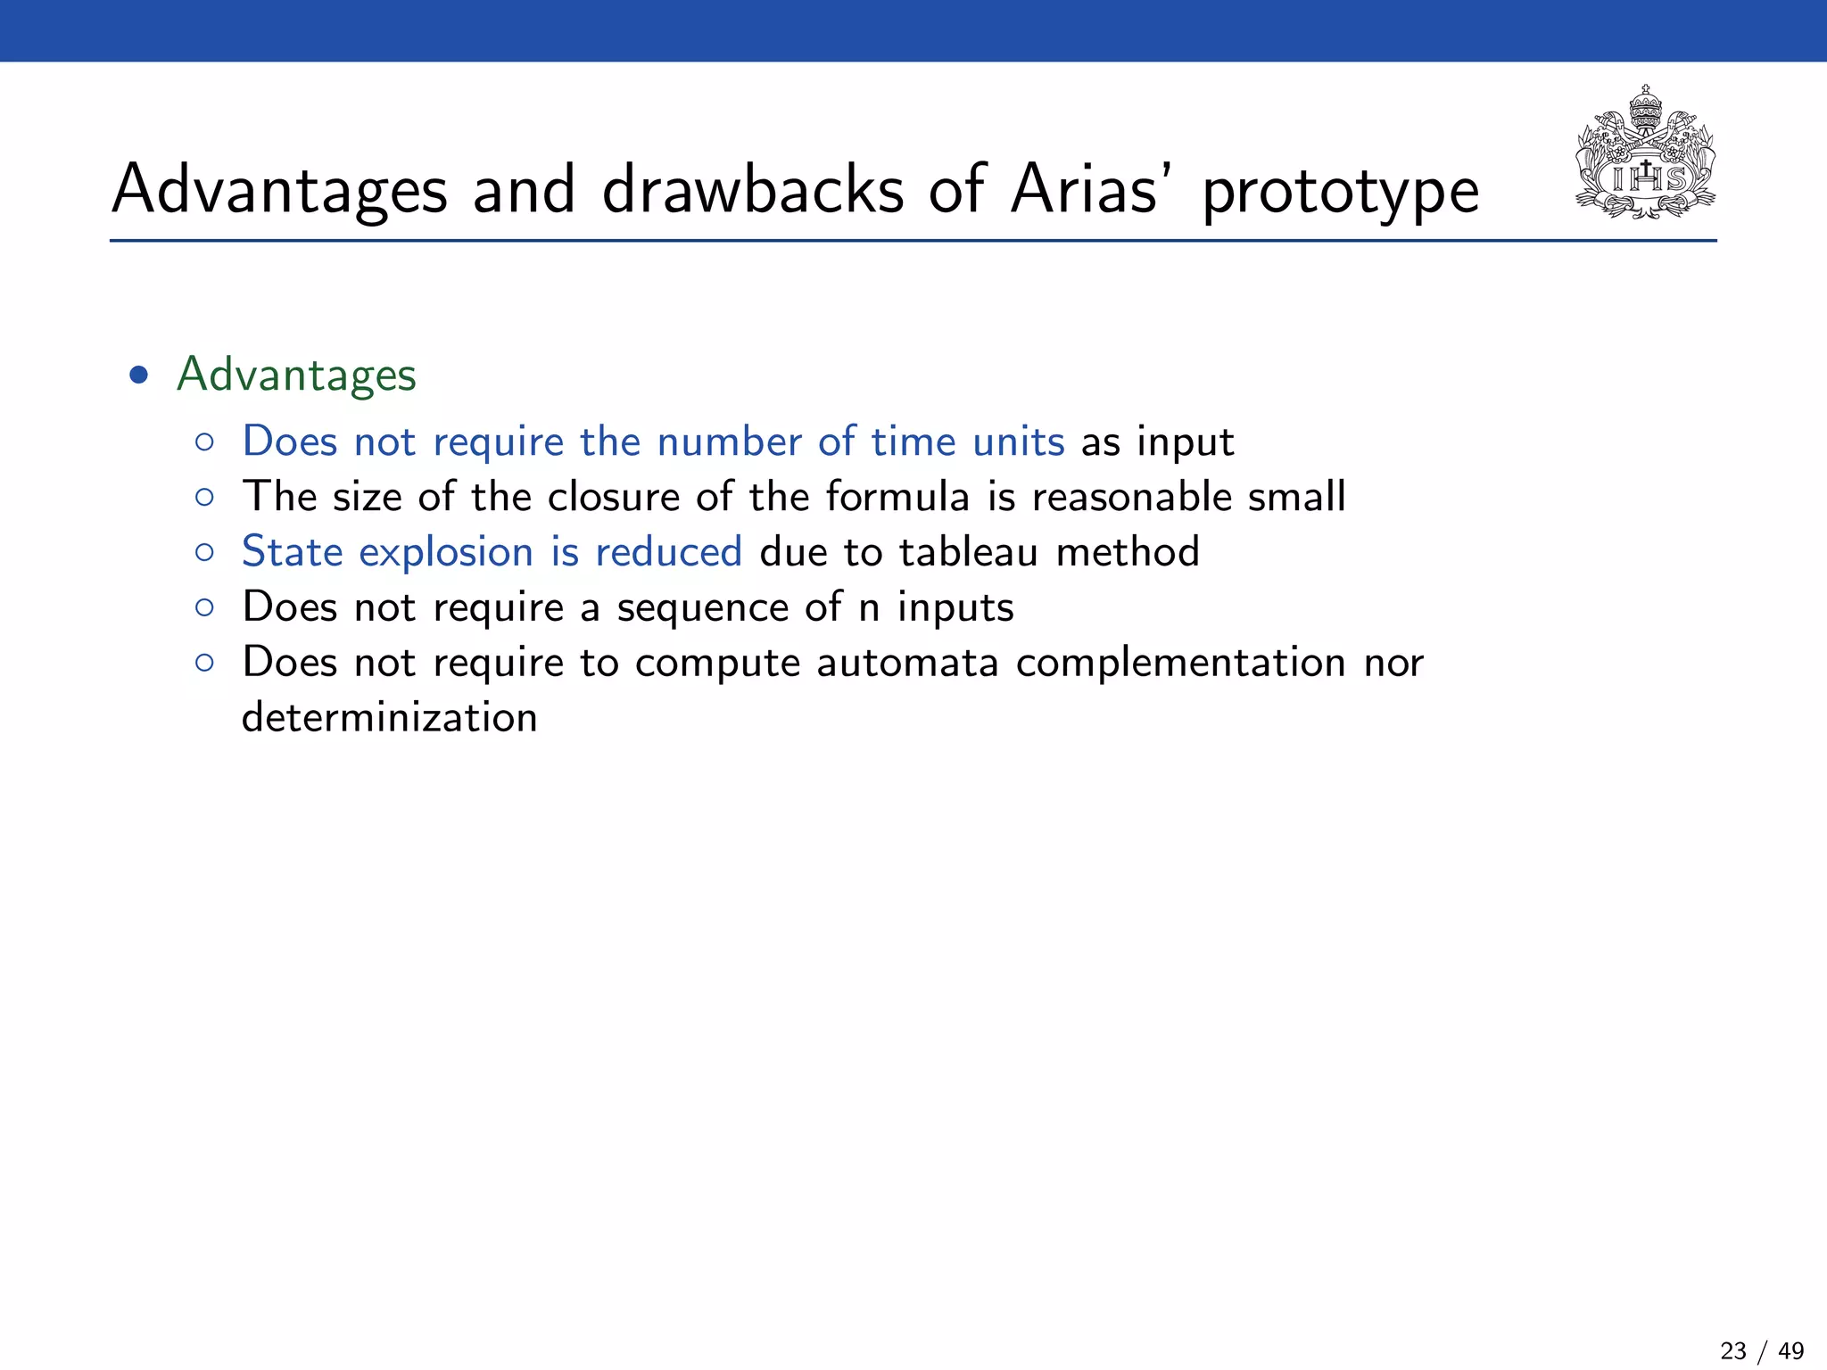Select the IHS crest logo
point(1645,153)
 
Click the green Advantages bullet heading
point(296,375)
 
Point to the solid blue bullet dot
point(138,375)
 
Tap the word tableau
point(968,552)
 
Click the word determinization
point(389,717)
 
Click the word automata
point(906,663)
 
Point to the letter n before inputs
point(869,608)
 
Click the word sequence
point(702,608)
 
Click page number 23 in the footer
point(1732,1350)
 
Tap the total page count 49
point(1790,1350)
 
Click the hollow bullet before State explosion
point(204,553)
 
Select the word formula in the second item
point(897,497)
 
